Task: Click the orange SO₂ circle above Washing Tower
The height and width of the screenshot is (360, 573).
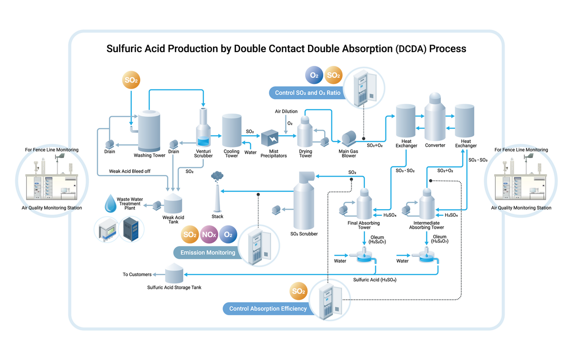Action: tap(131, 80)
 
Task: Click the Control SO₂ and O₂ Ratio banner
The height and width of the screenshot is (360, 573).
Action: tap(308, 93)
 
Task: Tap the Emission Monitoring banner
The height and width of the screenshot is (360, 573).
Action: tap(207, 253)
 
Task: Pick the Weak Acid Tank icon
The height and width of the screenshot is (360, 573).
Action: tap(173, 203)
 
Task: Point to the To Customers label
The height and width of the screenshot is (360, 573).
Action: tap(137, 275)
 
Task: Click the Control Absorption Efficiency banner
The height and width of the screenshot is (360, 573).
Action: tap(267, 308)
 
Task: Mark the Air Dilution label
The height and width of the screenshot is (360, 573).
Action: tap(286, 111)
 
